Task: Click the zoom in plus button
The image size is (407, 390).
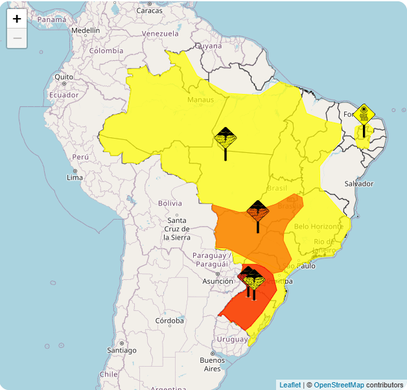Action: (17, 19)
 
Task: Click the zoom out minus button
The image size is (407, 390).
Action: (17, 38)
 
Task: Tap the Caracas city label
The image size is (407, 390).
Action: (149, 10)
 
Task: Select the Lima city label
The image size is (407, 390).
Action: (75, 178)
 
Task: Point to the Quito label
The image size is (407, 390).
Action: (64, 76)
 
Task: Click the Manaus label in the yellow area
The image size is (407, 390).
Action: (200, 99)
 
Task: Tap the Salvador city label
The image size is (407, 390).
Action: (358, 183)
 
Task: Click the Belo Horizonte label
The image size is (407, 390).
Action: (319, 226)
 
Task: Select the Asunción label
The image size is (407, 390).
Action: (218, 281)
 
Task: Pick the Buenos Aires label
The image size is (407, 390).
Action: (212, 364)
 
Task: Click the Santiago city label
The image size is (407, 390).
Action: (122, 350)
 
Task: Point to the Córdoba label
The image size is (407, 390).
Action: (170, 321)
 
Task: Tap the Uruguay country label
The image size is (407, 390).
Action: (232, 339)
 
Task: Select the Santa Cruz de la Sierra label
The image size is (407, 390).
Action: (177, 229)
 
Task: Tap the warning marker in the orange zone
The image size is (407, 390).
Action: (258, 212)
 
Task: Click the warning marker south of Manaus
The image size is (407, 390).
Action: (226, 139)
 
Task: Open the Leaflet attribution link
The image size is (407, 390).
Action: (290, 385)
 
